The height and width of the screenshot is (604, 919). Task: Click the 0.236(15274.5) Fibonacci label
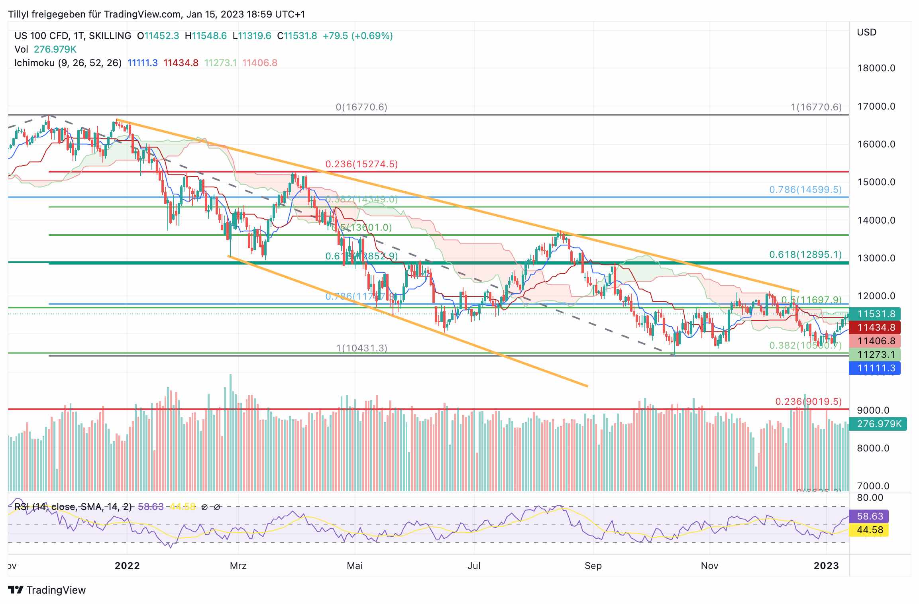point(361,164)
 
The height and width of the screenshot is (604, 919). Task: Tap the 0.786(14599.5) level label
point(805,190)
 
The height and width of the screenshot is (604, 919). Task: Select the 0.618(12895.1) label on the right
point(805,255)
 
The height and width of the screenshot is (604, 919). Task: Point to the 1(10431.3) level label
point(361,348)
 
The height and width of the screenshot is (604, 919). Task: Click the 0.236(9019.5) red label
point(808,402)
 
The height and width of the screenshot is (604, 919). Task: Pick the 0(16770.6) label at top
point(361,107)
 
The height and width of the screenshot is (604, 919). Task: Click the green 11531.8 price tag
point(876,314)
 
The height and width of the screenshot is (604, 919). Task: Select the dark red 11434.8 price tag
point(876,327)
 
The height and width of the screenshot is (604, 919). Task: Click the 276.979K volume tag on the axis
point(878,424)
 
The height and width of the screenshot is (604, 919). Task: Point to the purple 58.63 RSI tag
point(870,516)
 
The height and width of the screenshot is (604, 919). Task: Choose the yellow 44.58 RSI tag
point(870,530)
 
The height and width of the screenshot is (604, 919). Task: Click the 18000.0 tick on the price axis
point(876,68)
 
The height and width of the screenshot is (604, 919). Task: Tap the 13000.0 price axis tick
point(876,258)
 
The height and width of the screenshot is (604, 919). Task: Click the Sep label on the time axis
point(593,566)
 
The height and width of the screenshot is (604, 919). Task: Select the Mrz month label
point(238,566)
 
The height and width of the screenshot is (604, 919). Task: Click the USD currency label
point(866,32)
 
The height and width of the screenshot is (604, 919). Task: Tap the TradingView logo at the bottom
point(47,590)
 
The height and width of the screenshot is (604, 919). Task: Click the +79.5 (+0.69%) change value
point(357,36)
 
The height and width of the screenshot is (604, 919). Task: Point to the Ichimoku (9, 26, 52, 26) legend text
point(68,63)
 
